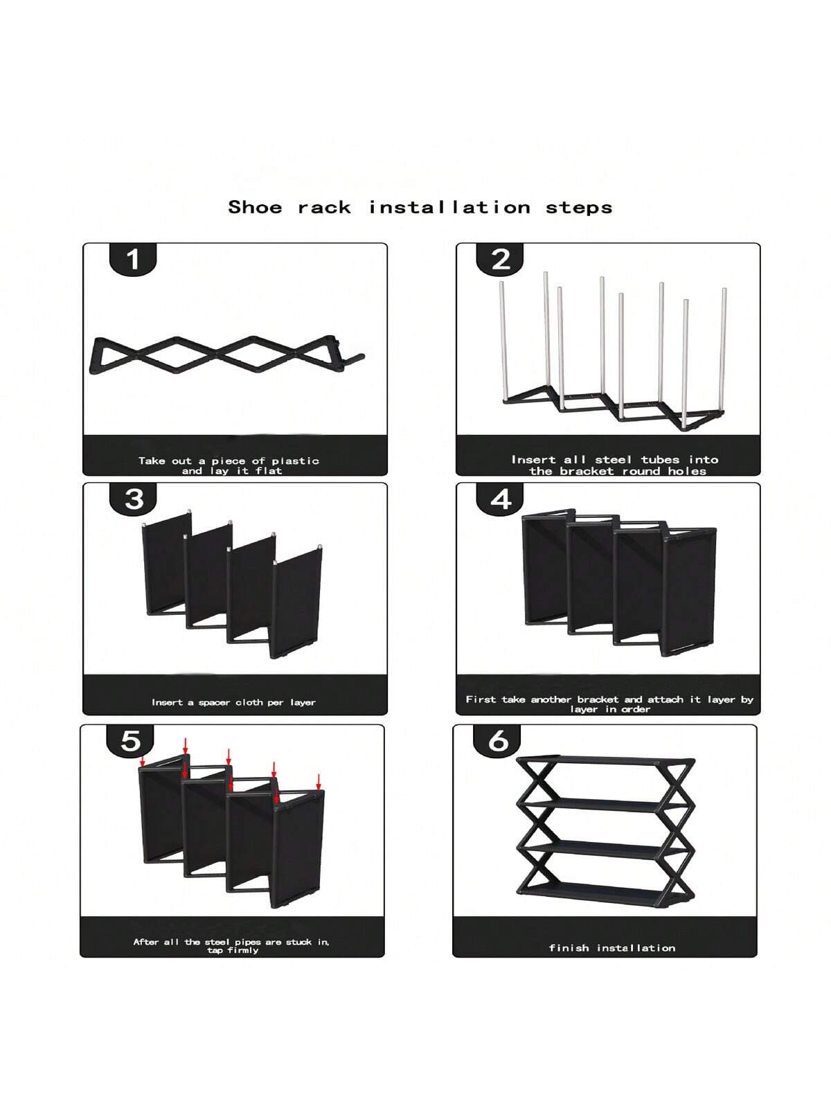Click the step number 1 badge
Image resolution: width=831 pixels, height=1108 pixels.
pos(133,260)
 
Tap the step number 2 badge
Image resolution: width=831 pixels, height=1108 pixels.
pos(500,260)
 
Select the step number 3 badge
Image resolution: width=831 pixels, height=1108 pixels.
pos(133,499)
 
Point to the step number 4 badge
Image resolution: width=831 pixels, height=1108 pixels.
pos(500,499)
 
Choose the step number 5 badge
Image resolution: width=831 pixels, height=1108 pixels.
pos(130,740)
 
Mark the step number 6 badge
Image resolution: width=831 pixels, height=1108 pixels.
pos(497,740)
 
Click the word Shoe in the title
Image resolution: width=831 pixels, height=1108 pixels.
pos(255,207)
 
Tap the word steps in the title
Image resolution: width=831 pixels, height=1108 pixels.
pos(579,208)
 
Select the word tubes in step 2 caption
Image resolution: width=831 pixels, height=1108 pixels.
pos(661,459)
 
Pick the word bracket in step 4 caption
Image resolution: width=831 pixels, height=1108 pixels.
pos(598,699)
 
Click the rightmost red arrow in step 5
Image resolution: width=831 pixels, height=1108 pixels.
pos(318,782)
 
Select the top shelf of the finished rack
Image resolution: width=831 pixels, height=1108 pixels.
pos(605,760)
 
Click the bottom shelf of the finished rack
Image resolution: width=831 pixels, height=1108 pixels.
pos(605,893)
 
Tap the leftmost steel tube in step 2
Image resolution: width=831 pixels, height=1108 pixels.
pos(503,341)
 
